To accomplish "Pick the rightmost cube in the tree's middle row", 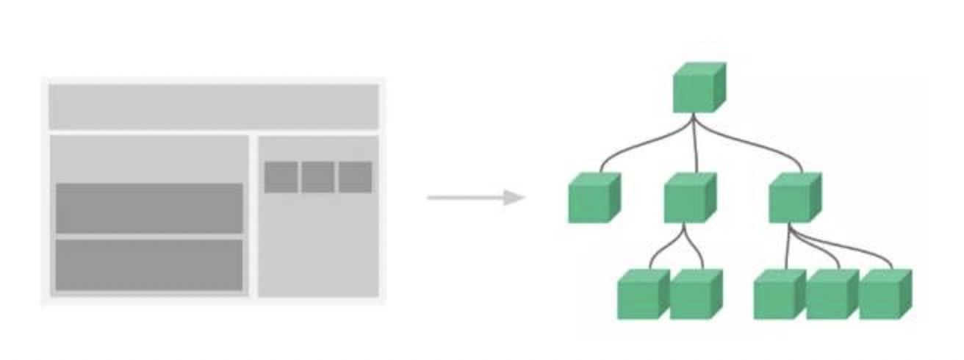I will coord(794,198).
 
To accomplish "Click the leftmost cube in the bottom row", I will coord(641,295).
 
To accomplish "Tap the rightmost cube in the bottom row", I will coord(884,295).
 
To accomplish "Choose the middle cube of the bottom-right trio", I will coord(831,295).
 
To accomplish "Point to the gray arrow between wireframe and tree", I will coord(470,198).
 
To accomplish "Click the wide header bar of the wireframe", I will coord(214,107).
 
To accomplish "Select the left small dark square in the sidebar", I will coord(281,177).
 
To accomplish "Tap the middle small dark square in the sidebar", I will coord(317,177).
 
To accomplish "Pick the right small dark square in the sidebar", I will coord(355,177).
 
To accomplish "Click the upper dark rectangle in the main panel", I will coord(149,208).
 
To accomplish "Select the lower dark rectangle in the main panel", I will coord(149,264).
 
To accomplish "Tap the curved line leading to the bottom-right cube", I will coord(860,250).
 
